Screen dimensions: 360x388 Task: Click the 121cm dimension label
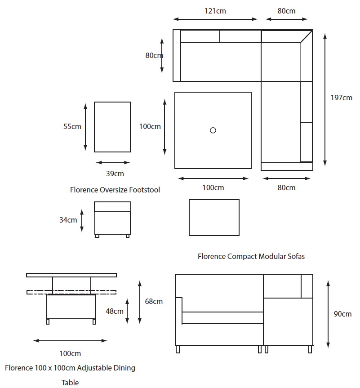(x=215, y=11)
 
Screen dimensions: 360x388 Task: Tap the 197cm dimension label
(x=342, y=98)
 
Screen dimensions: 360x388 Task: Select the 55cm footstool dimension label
(x=72, y=126)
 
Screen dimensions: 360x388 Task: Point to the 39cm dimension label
(x=115, y=174)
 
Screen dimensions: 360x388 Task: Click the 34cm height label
(x=68, y=220)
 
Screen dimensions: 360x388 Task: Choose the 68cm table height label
(x=154, y=301)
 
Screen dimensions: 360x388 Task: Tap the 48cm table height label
(x=114, y=311)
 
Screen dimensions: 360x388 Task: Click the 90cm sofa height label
(x=342, y=314)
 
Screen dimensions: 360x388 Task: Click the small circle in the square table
(x=213, y=130)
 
